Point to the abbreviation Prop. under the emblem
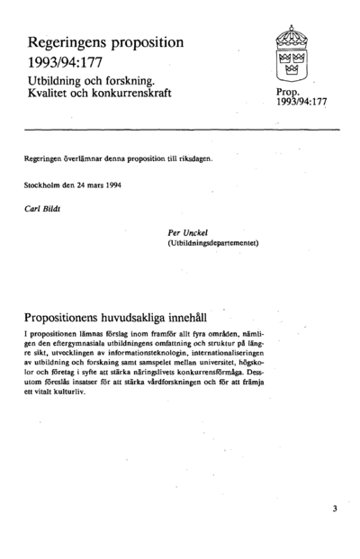[290, 93]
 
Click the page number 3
[334, 509]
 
